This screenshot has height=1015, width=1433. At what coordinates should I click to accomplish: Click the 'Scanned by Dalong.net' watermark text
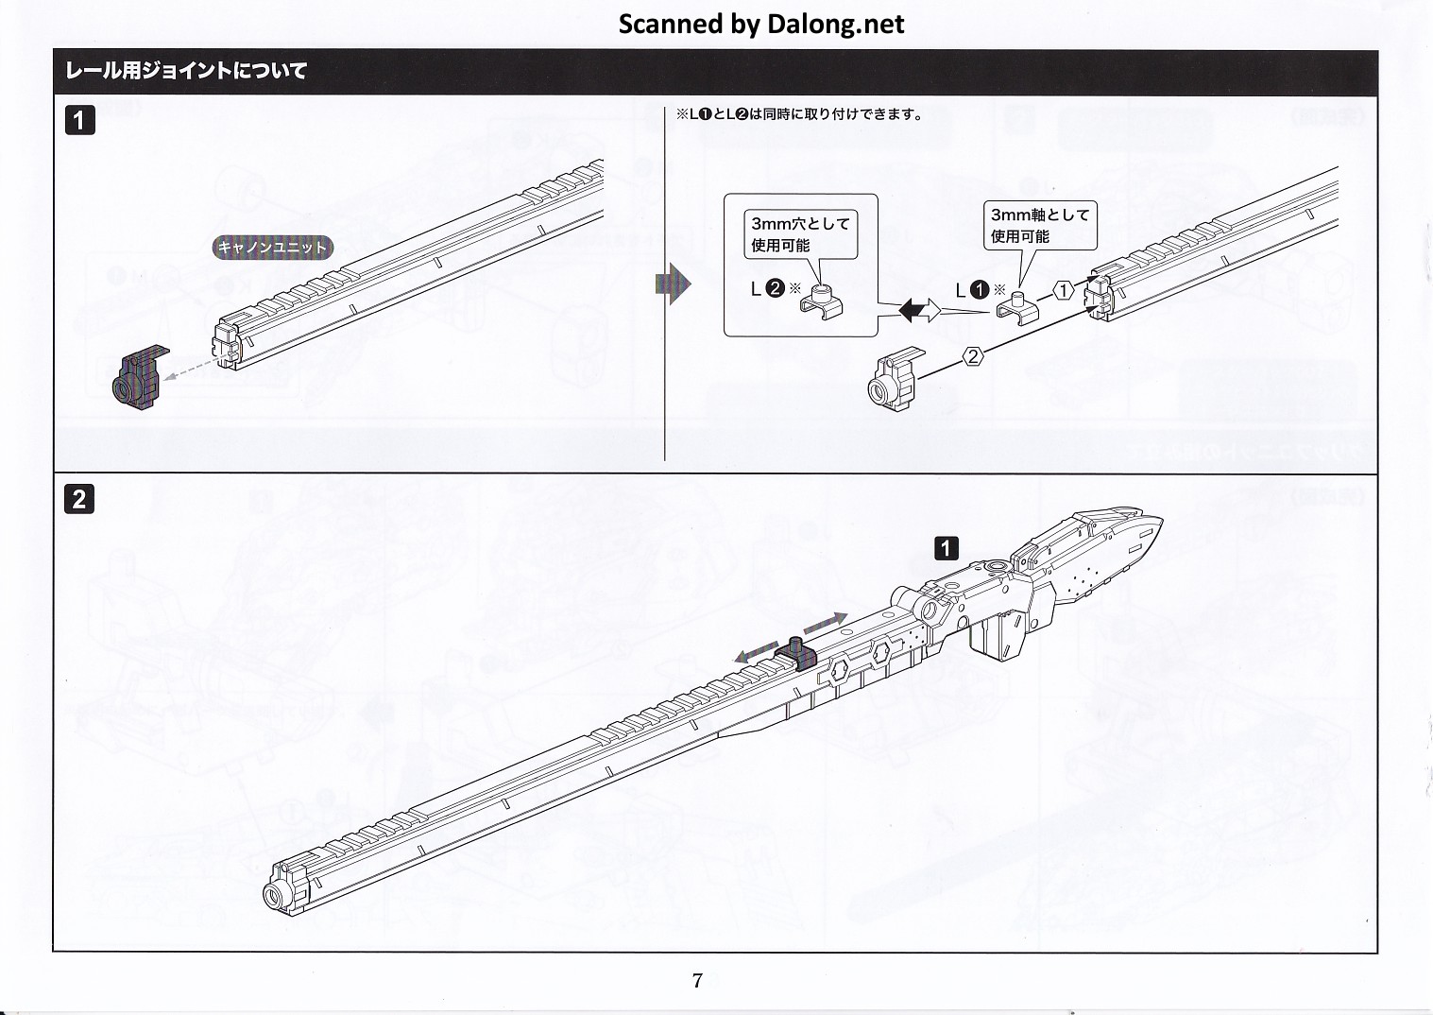pos(760,24)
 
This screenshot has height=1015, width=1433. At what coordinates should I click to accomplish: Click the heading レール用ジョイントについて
pos(185,71)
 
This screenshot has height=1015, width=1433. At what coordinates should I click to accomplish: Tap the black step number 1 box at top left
pos(79,120)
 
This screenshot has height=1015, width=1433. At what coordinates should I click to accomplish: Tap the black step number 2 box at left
pos(79,498)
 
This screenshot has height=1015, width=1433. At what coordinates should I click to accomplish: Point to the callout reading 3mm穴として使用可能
pos(800,233)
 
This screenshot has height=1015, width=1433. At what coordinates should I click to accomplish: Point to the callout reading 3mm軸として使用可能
pos(1039,225)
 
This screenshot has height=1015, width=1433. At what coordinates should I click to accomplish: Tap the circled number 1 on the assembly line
pos(1064,291)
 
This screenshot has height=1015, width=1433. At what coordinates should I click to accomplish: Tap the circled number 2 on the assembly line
pos(974,356)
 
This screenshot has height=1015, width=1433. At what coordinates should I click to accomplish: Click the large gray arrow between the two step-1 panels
pos(673,284)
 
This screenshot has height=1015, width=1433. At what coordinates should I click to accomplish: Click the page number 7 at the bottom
pos(697,980)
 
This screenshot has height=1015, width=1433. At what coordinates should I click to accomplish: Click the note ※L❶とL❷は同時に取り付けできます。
pos(798,114)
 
